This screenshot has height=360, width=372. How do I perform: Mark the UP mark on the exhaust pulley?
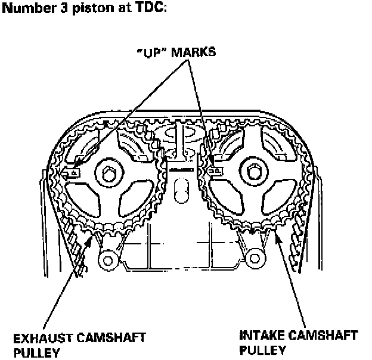pos(72,173)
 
